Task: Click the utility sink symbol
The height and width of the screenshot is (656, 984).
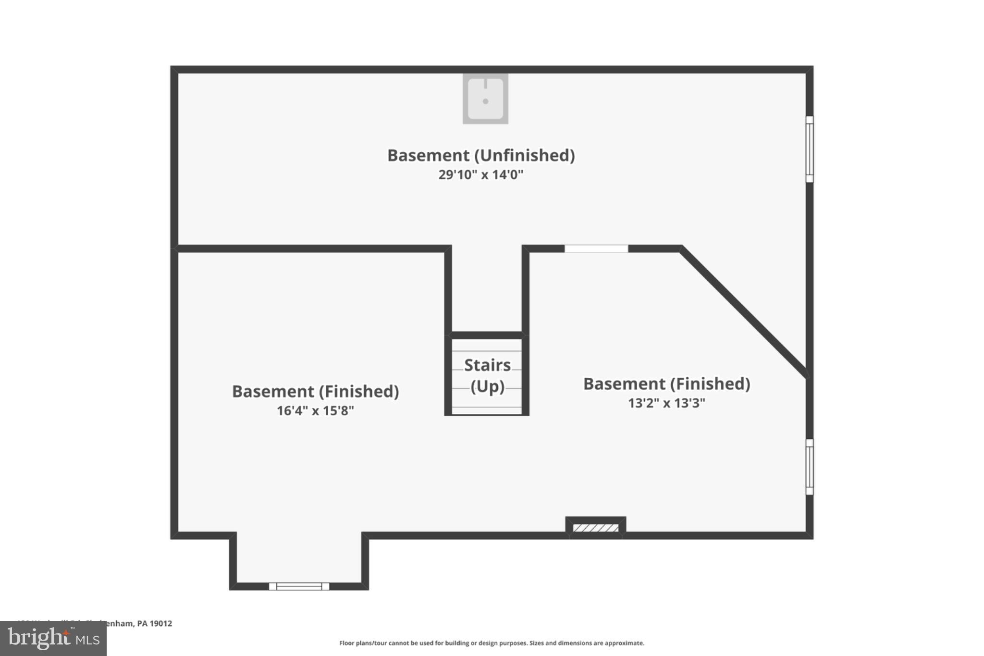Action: [485, 99]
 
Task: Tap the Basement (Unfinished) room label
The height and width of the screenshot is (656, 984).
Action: [481, 155]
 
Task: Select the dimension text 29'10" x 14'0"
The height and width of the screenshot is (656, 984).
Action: [480, 174]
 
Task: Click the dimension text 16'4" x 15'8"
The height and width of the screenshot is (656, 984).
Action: [315, 411]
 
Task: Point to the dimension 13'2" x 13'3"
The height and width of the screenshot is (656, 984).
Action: [666, 403]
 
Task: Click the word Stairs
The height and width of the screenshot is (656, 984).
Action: [487, 365]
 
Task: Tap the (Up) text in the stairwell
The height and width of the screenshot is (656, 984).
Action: [487, 386]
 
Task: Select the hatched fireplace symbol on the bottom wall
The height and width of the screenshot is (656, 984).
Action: [596, 528]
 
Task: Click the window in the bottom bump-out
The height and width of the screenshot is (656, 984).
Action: [299, 586]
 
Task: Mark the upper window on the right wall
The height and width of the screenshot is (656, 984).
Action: [810, 149]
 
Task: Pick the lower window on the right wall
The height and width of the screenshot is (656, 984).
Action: [810, 467]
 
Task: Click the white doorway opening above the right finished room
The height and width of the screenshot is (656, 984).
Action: [596, 248]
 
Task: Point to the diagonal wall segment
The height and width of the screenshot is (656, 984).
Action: [744, 312]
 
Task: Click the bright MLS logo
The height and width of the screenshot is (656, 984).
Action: [53, 639]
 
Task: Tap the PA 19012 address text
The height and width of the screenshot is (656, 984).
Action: [154, 623]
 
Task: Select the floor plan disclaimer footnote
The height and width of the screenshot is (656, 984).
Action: [492, 643]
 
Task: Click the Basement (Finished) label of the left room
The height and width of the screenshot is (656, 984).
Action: [315, 391]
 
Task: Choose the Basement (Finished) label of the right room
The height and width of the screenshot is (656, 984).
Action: [666, 384]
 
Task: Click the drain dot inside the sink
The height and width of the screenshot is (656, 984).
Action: [485, 101]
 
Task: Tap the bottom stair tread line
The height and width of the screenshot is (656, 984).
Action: [487, 407]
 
